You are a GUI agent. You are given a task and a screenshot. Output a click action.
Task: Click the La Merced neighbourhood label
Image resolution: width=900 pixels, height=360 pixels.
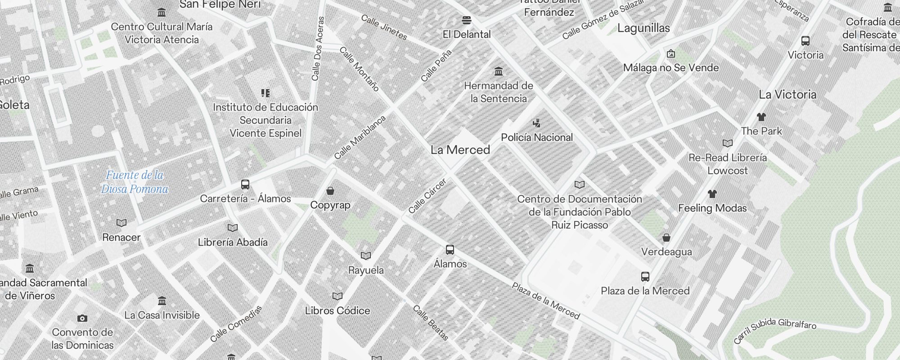click(460, 150)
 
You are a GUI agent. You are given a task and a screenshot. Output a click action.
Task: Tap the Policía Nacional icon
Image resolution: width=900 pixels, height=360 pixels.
click(536, 123)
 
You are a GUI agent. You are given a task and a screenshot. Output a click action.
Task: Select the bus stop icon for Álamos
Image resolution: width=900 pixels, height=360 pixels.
click(450, 250)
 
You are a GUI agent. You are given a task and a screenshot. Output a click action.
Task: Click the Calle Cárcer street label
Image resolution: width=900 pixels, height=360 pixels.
click(427, 196)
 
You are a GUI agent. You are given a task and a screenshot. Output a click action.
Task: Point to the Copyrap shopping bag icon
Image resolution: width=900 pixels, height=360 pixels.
click(330, 191)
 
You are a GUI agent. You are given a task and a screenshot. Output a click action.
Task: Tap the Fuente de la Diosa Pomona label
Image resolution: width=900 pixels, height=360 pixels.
click(135, 182)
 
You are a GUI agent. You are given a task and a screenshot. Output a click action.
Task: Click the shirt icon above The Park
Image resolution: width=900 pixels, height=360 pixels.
click(761, 117)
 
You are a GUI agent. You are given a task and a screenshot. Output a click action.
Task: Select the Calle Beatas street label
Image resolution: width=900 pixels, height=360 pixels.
click(431, 323)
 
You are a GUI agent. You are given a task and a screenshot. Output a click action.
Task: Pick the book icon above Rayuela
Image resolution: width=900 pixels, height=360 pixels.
click(366, 256)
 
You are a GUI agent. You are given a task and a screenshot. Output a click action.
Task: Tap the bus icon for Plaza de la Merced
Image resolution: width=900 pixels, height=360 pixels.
click(645, 276)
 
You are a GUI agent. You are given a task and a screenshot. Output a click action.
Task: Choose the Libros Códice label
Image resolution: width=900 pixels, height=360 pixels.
click(337, 310)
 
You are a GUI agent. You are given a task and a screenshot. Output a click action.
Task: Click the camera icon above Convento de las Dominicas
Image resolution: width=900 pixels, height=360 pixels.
click(82, 318)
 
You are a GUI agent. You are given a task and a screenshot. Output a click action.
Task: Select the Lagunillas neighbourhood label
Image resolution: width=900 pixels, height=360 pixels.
click(643, 28)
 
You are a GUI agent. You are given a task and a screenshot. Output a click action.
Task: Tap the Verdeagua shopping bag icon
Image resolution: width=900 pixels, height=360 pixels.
click(666, 237)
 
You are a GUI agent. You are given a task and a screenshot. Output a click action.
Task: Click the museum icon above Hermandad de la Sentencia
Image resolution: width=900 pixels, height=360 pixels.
click(498, 72)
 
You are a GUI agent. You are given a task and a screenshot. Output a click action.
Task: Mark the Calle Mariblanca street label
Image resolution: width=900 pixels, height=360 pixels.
click(360, 137)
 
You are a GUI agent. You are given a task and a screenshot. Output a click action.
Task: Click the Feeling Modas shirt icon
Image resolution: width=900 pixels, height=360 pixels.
click(712, 194)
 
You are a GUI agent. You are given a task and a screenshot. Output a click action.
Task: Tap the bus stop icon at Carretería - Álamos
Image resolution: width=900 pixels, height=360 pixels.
click(245, 184)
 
